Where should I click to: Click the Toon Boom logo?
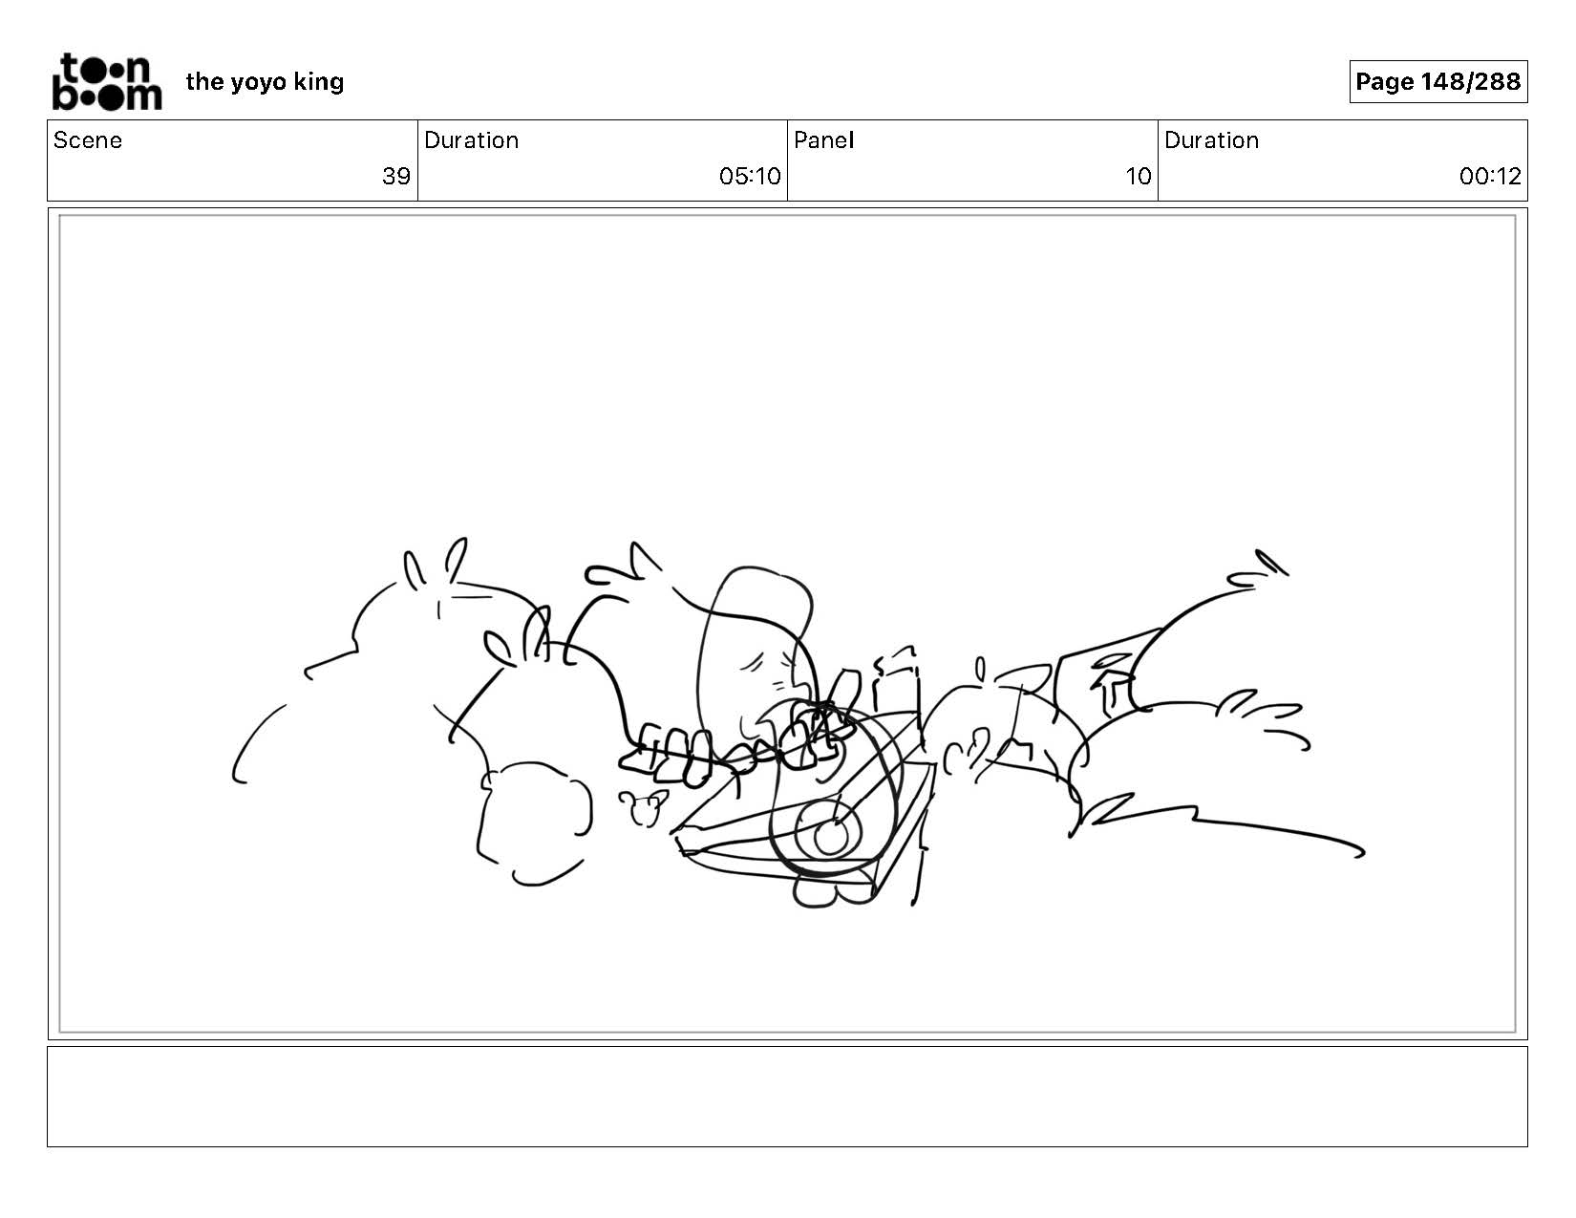[107, 81]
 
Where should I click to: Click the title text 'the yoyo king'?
[265, 82]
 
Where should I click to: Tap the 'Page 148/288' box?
[1438, 81]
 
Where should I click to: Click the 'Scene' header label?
[88, 140]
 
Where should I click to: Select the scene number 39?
[396, 176]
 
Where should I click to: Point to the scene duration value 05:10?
[750, 176]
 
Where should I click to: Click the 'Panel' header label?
[824, 140]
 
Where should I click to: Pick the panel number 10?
[1138, 176]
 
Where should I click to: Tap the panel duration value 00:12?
[1490, 176]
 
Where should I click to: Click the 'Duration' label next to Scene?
[472, 140]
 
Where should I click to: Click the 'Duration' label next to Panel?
[1211, 140]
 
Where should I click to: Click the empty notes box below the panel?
[788, 1096]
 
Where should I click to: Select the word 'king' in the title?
[318, 83]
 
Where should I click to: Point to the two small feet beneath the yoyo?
[834, 891]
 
